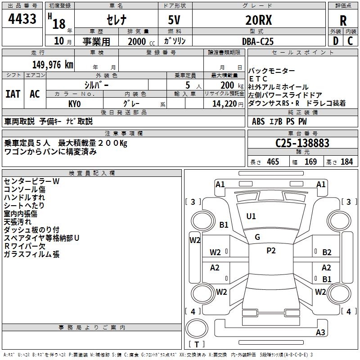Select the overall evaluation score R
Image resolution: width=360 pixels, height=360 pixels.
pos(342,21)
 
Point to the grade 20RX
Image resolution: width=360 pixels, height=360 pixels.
pos(258,20)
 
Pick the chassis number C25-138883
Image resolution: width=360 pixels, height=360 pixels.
pos(302,143)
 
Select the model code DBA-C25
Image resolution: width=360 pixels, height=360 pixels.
pos(258,41)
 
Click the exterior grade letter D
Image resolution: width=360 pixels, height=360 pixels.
pos(335,41)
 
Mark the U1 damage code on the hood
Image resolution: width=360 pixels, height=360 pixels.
pos(251,216)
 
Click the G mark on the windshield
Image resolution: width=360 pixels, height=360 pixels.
pos(257,237)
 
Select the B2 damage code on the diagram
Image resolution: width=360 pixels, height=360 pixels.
pos(327,252)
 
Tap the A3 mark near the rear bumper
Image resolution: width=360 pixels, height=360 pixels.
pos(320,333)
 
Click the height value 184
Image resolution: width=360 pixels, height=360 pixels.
pos(346,162)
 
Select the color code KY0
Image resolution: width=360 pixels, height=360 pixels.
pos(74,103)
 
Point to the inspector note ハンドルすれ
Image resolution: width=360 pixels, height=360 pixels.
pos(24,198)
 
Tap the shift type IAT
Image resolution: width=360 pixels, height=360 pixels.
pos(13,94)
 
